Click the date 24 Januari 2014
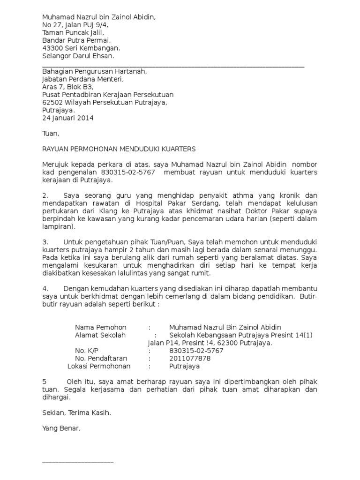click(x=68, y=118)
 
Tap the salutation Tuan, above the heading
click(x=51, y=134)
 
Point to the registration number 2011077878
click(x=190, y=358)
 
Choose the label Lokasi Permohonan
click(x=99, y=366)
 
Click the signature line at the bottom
click(x=78, y=462)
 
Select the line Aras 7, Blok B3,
click(x=68, y=87)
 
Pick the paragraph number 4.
click(x=45, y=289)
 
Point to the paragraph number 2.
click(x=45, y=195)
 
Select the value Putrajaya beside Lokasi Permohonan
click(x=184, y=366)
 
